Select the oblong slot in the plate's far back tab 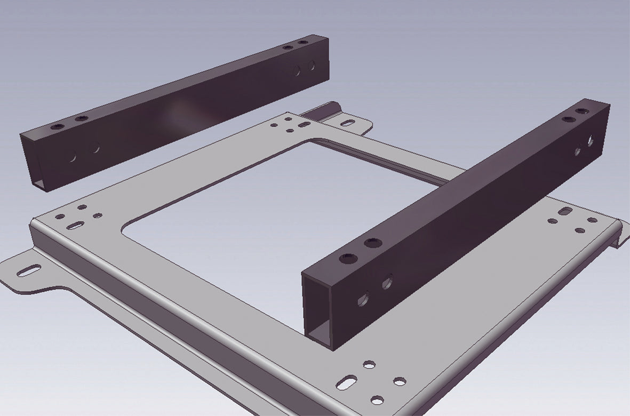click(347, 123)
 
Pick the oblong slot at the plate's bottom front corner click(347, 382)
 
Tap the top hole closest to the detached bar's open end click(57, 127)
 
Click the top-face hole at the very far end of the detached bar click(304, 42)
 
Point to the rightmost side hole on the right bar click(591, 140)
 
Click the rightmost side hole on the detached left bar click(310, 67)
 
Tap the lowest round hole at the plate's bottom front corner click(377, 399)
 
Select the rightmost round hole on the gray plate click(592, 220)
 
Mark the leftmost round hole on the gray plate click(60, 217)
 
